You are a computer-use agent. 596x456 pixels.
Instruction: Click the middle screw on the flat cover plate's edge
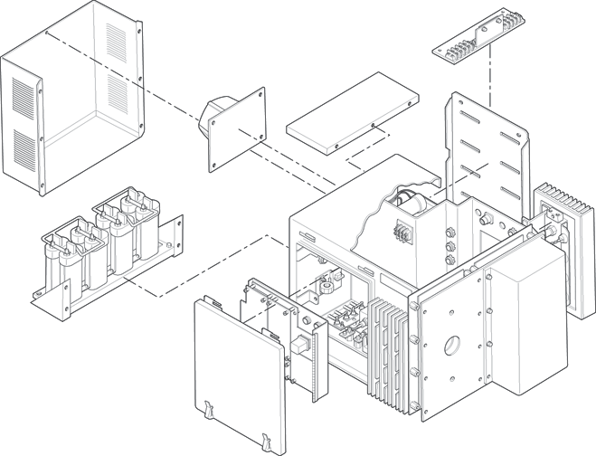click(374, 125)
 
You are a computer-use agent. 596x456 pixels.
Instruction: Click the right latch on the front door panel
click(267, 440)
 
